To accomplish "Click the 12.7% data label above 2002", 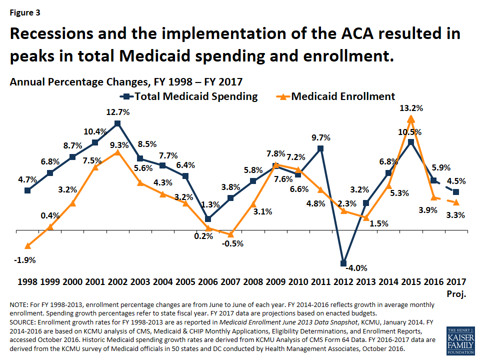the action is click(118, 112).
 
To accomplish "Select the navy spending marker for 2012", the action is click(343, 263).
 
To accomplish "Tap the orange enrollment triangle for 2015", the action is click(411, 118).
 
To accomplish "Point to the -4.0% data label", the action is click(356, 268).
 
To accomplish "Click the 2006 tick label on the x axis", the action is click(208, 281).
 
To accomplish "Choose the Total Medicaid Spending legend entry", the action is click(189, 96).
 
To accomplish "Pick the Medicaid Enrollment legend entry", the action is click(336, 96).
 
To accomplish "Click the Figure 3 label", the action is click(25, 12).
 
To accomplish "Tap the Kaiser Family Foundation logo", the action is click(460, 340).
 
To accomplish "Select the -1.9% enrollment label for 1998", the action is click(25, 260).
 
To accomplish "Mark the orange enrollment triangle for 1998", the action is click(27, 246).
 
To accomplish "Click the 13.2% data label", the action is click(411, 108).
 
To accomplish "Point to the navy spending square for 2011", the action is click(320, 149).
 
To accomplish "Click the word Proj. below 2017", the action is click(456, 294).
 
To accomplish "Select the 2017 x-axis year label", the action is click(456, 281).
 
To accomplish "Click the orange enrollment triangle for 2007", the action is click(231, 234).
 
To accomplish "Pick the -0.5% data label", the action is click(233, 243).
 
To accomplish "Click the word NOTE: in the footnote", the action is click(18, 305).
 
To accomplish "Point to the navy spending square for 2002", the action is click(117, 123).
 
